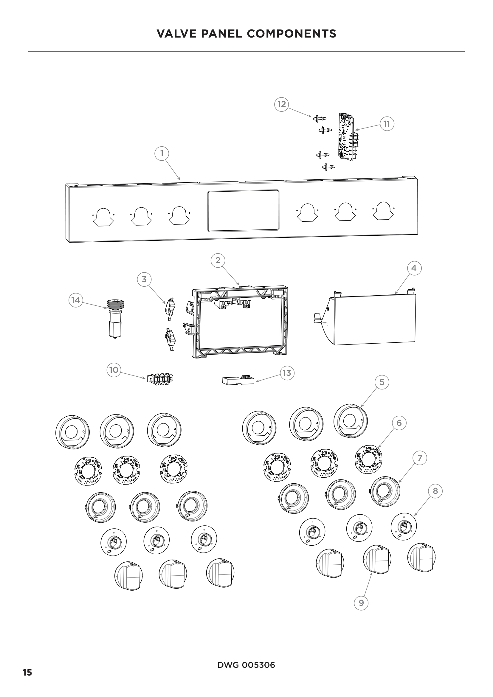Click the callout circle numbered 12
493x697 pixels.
pyautogui.click(x=281, y=104)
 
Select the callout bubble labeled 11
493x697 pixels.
pyautogui.click(x=387, y=124)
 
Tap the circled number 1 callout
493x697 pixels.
pyautogui.click(x=162, y=153)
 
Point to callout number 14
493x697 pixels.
pyautogui.click(x=76, y=300)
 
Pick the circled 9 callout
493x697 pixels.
pyautogui.click(x=361, y=603)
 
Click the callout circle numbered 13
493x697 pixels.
pyautogui.click(x=286, y=373)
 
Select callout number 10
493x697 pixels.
pyautogui.click(x=114, y=370)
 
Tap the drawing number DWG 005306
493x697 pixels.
pyautogui.click(x=246, y=665)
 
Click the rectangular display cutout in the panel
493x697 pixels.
pyautogui.click(x=243, y=211)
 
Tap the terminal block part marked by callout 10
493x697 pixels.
pyautogui.click(x=160, y=379)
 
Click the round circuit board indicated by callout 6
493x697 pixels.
pyautogui.click(x=368, y=459)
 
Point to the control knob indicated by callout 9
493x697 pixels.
pyautogui.click(x=377, y=559)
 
